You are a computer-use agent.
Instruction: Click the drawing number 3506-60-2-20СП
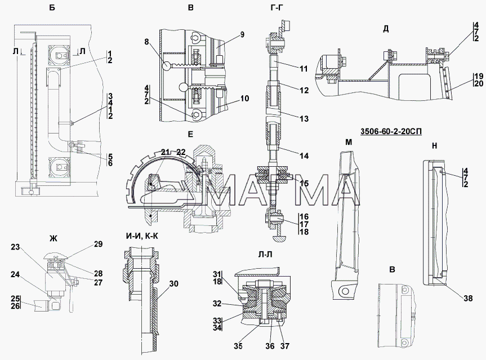coord(391,132)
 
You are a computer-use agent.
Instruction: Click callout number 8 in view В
coord(146,42)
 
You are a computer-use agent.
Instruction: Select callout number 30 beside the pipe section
coord(174,283)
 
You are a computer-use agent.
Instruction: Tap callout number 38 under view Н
coord(468,298)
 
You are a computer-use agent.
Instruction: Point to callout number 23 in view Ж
coord(15,247)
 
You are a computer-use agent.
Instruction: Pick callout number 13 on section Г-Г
coord(304,118)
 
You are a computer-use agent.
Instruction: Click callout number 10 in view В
coord(244,99)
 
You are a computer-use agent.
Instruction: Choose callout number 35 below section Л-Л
coord(238,346)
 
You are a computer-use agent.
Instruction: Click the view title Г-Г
coord(277,8)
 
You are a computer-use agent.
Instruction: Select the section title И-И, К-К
coord(142,236)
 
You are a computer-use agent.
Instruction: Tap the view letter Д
coord(386,29)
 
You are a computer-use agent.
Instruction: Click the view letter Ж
coord(53,238)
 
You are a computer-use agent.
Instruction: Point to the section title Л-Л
coord(265,255)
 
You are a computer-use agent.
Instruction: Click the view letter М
coord(349,142)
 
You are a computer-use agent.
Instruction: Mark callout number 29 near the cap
coord(98,244)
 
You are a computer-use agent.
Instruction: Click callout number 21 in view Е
coord(166,152)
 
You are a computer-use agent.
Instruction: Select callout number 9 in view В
coord(242,34)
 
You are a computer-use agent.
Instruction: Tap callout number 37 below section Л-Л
coord(284,346)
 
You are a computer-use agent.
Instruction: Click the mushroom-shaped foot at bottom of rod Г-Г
coord(279,238)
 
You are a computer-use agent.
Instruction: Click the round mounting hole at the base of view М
coord(343,291)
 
